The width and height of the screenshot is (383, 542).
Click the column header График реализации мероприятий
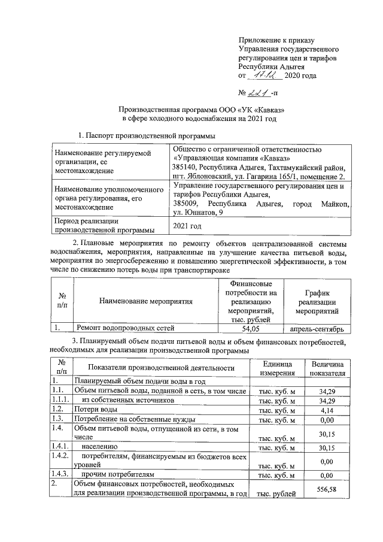point(318,302)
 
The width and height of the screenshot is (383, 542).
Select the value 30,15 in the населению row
point(327,447)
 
